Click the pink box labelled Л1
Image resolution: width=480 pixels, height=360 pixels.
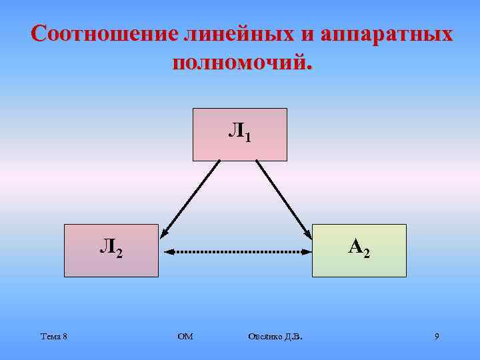240,135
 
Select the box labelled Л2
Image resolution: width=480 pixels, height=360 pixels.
111,251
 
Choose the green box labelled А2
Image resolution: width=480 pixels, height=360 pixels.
359,251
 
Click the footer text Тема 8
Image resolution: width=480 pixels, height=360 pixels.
53,337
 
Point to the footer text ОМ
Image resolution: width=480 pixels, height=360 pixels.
185,337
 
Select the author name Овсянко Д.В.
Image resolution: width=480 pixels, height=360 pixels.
274,337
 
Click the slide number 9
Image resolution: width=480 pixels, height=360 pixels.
437,337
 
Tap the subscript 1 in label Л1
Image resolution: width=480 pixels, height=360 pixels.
248,139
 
